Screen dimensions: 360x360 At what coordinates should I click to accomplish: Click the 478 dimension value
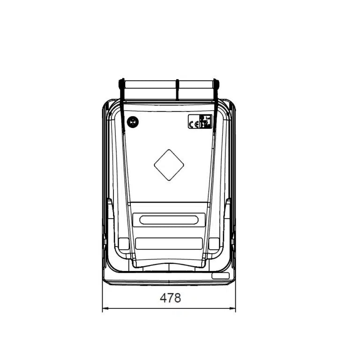(x=170, y=298)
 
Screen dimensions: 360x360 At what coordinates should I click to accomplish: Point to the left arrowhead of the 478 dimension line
(x=105, y=308)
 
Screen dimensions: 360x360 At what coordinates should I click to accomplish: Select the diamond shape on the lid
(x=169, y=165)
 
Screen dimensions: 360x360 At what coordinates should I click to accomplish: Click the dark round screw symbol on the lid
(x=133, y=122)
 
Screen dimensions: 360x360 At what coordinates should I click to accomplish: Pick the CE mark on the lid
(x=194, y=124)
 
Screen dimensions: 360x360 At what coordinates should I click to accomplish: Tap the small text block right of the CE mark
(x=206, y=121)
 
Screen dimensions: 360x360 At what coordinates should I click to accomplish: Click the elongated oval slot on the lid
(x=169, y=219)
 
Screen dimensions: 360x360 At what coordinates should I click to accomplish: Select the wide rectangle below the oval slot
(x=169, y=243)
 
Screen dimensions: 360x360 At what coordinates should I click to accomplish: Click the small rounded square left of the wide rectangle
(x=124, y=243)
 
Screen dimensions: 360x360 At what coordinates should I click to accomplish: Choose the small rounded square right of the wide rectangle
(x=214, y=243)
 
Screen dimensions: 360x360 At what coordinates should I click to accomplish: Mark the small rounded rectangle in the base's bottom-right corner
(x=220, y=276)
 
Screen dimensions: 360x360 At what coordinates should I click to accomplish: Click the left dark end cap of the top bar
(x=121, y=84)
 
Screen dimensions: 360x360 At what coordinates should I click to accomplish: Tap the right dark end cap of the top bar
(x=216, y=84)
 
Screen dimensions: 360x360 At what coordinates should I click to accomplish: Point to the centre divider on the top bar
(x=178, y=89)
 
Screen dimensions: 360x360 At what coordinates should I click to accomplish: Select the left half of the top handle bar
(x=150, y=90)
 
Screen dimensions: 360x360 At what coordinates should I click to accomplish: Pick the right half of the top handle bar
(x=197, y=90)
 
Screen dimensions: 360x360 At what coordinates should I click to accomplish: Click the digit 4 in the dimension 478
(x=164, y=298)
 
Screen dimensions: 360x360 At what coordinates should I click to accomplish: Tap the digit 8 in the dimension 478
(x=177, y=298)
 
